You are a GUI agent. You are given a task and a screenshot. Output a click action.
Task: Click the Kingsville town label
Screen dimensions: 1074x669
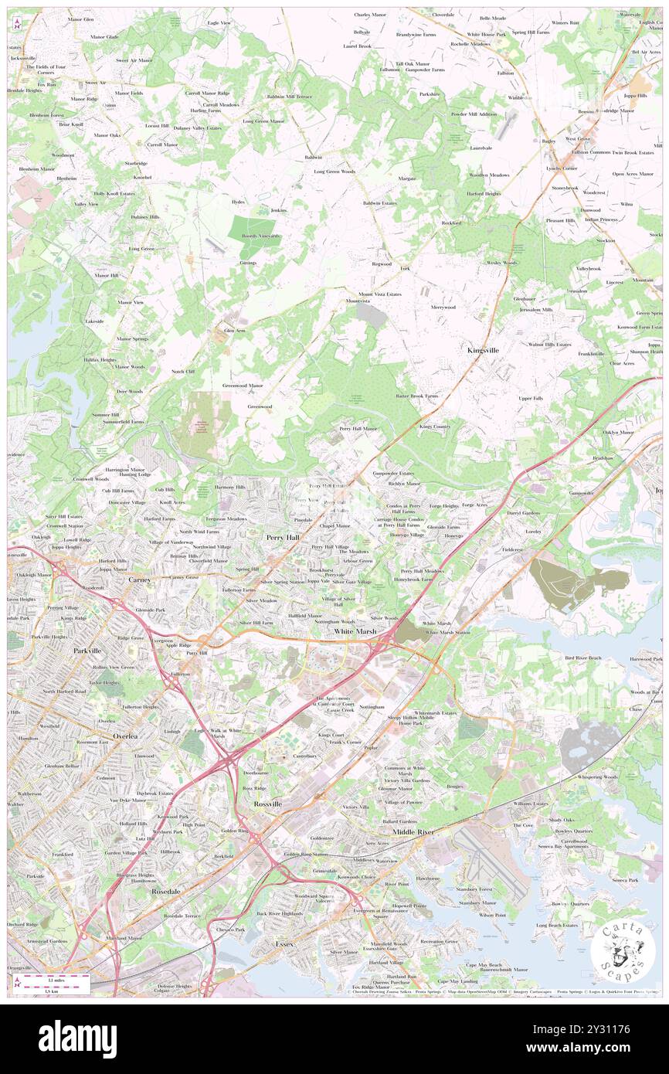483,350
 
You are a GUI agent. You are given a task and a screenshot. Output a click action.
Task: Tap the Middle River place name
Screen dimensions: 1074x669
413,831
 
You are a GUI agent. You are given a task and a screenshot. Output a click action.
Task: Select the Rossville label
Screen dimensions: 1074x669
268,804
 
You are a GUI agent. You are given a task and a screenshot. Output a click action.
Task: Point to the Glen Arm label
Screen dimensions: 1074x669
234,330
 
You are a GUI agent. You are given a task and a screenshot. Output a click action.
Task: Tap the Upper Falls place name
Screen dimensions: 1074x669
531,398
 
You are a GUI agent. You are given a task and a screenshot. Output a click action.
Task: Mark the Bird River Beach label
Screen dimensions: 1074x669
583,658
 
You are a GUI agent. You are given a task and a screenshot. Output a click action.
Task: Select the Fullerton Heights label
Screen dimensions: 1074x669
140,707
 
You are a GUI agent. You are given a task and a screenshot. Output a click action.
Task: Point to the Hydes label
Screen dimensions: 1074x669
238,202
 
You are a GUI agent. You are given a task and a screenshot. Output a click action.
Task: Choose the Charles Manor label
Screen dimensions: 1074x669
370,15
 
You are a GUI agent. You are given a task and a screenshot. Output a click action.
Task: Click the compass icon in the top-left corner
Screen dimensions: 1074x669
17,26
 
